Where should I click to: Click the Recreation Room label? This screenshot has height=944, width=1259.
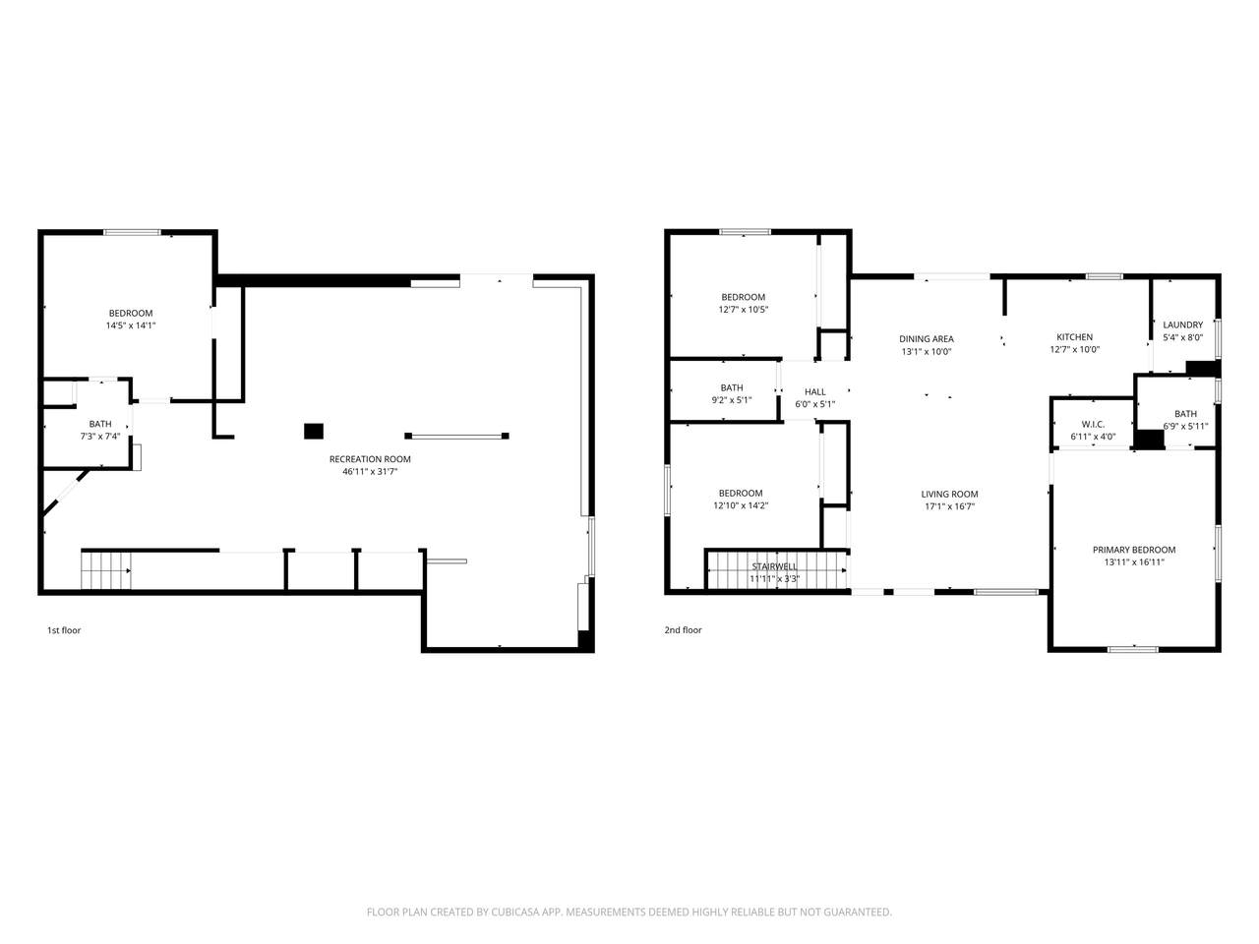point(370,459)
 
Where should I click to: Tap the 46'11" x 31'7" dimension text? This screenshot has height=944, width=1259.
point(370,472)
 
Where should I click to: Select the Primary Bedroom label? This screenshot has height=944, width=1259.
point(1133,550)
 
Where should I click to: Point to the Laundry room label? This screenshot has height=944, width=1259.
point(1182,324)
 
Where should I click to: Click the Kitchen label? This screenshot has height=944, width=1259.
point(1074,337)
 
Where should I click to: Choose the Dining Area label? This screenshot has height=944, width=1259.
point(927,338)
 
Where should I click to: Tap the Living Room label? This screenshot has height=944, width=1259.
point(949,494)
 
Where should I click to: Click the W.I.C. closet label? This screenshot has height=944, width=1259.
point(1093,424)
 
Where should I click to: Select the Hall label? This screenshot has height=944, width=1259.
point(814,392)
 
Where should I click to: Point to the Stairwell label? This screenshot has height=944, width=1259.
point(774,566)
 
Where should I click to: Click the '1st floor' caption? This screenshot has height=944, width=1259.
point(64,630)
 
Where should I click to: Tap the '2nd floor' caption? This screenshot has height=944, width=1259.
point(683,630)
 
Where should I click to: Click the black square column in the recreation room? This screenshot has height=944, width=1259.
point(313,431)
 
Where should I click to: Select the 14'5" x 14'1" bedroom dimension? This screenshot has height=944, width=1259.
point(130,325)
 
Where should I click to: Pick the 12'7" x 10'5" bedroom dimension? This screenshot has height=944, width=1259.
point(743,310)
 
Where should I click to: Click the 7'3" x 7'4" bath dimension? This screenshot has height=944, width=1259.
point(99,437)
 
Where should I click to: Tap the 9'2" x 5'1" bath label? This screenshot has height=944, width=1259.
point(732,400)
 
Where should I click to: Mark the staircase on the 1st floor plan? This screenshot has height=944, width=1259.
point(105,570)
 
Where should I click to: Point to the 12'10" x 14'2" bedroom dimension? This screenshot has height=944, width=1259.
point(741,505)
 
